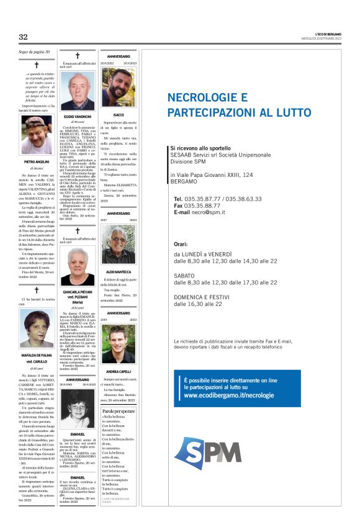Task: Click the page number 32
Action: pyautogui.click(x=23, y=37)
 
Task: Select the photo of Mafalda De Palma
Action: pyautogui.click(x=38, y=328)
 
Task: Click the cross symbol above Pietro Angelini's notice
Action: pyautogui.click(x=37, y=65)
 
